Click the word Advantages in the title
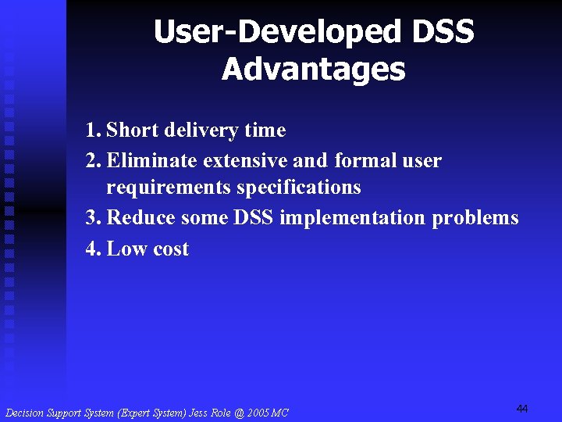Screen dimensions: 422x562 point(313,69)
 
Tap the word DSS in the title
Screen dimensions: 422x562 point(441,33)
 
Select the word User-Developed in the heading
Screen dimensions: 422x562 point(276,33)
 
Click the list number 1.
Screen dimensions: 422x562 point(93,131)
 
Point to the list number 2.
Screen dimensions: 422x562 point(93,162)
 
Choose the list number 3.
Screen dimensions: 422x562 point(93,218)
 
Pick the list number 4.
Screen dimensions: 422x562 point(93,249)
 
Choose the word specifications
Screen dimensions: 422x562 point(299,188)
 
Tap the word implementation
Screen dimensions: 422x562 point(343,218)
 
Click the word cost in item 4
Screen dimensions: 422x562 point(170,249)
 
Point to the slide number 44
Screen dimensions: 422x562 point(522,409)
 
